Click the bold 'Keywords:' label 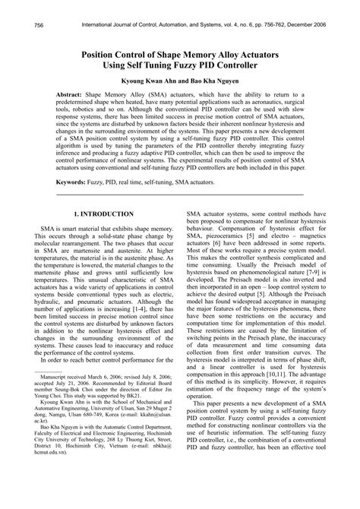click(x=74, y=183)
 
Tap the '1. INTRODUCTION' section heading click(x=103, y=215)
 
